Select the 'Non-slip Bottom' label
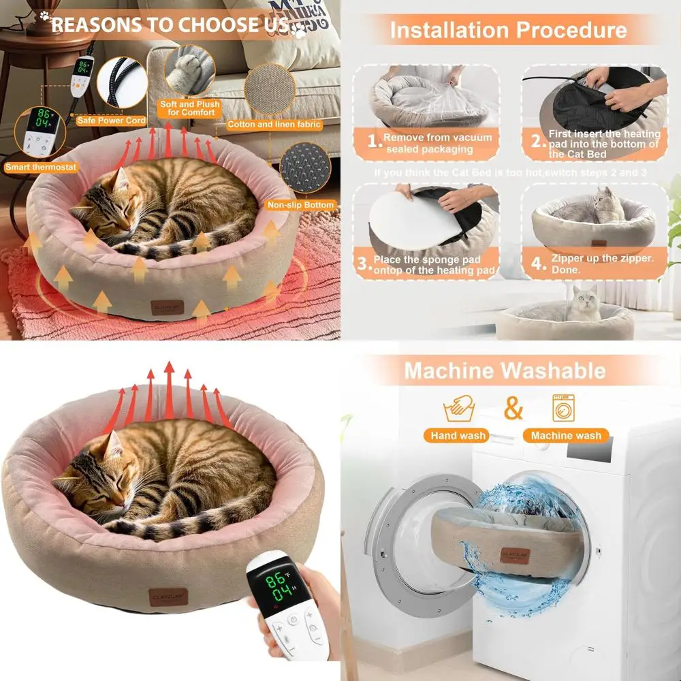(310, 204)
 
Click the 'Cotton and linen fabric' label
(274, 125)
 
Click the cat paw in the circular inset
(189, 70)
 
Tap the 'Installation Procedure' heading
(508, 30)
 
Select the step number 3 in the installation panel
(364, 264)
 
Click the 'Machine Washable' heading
(505, 370)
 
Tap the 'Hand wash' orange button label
(458, 435)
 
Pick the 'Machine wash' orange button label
(566, 435)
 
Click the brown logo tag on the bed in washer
(514, 556)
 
